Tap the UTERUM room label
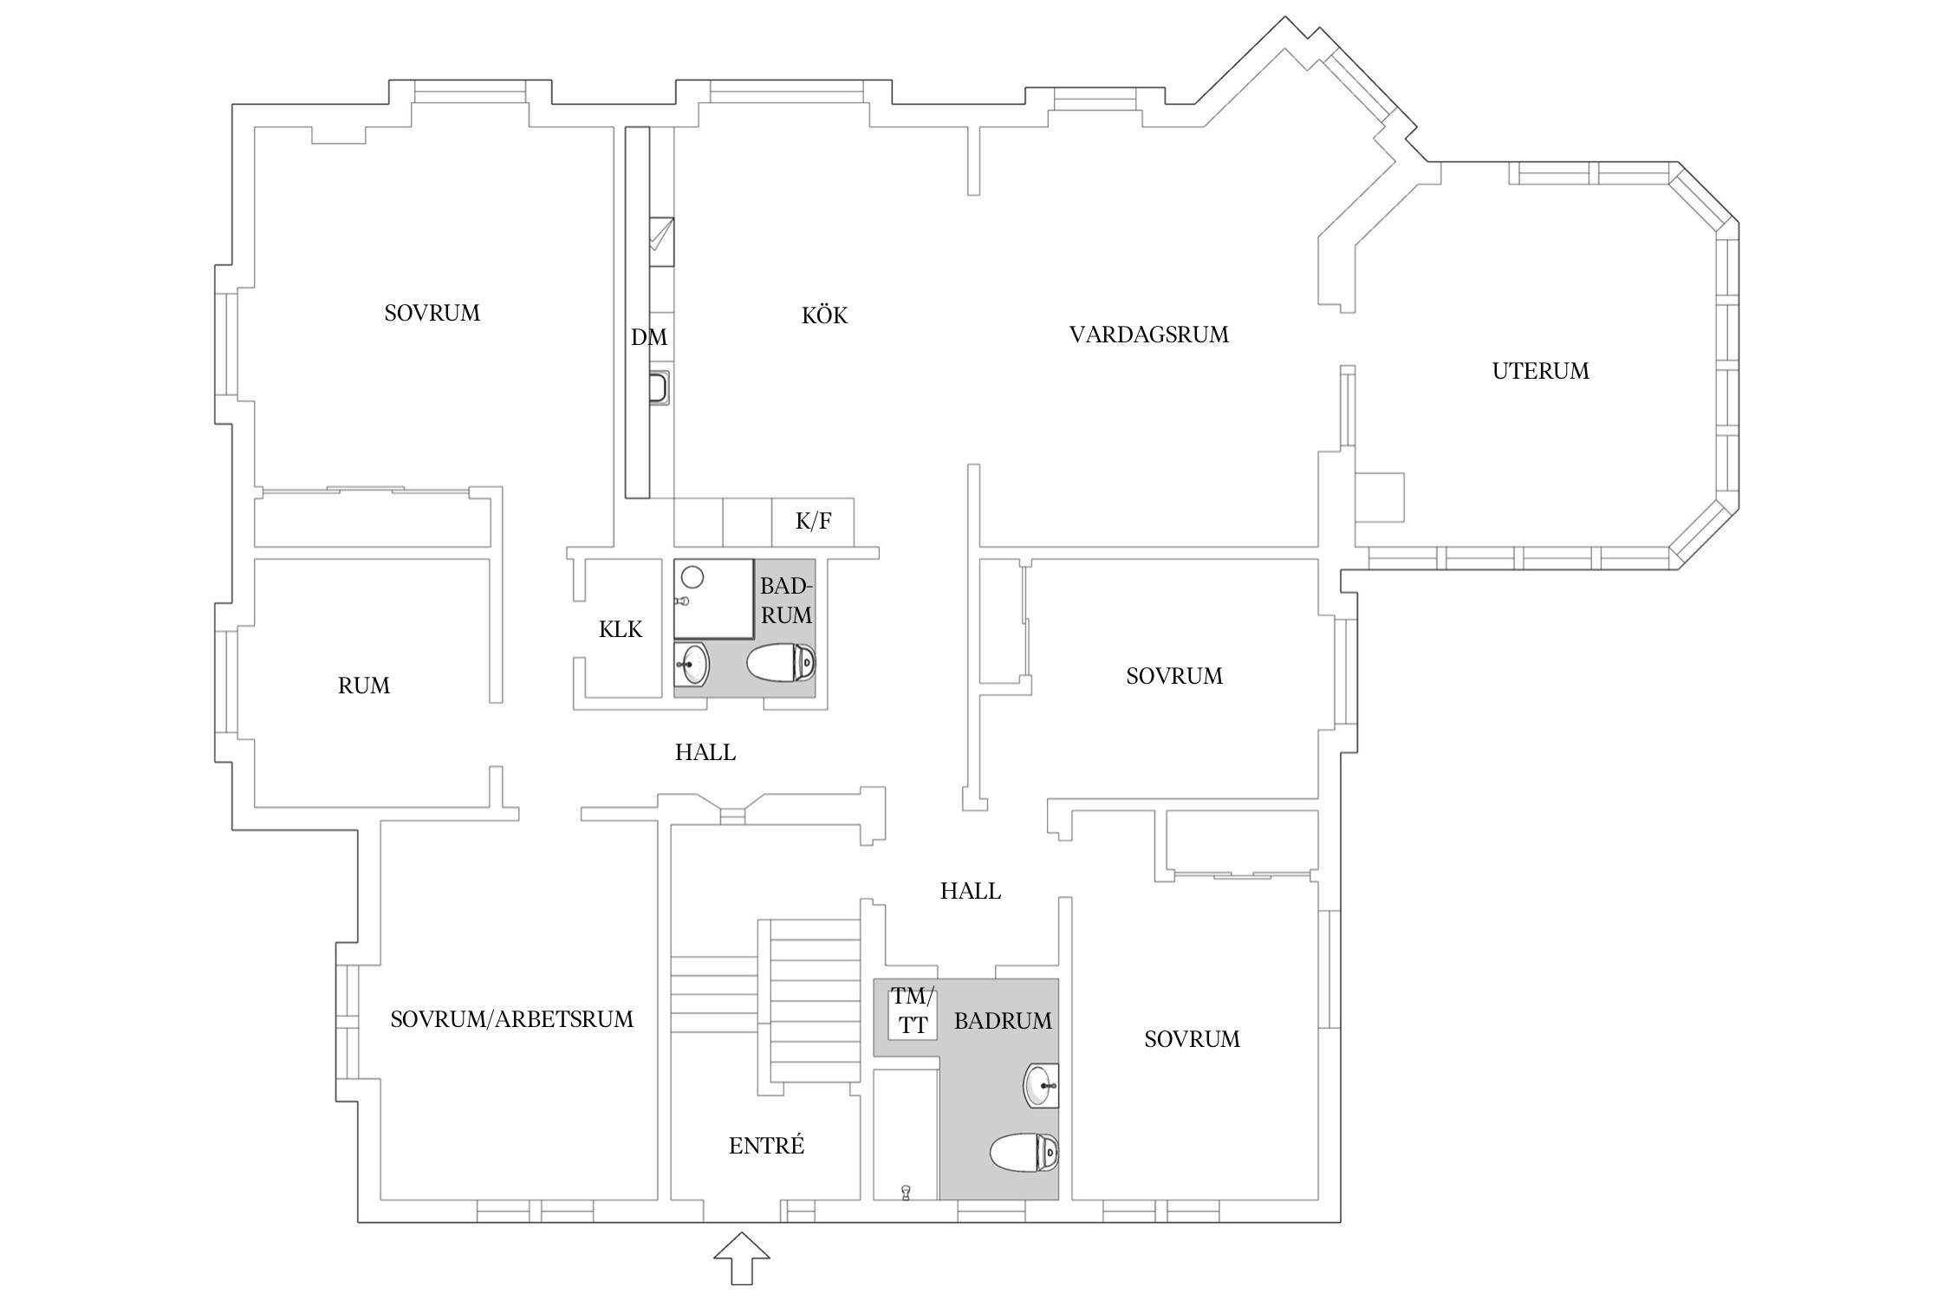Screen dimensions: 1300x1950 point(1540,371)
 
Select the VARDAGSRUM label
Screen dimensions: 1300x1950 point(1148,335)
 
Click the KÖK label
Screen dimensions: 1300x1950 point(824,315)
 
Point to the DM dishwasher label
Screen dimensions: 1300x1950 point(648,337)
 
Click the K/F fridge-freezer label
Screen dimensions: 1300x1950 point(813,521)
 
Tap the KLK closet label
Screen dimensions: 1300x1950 point(621,629)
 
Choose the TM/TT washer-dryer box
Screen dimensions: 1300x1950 point(913,1011)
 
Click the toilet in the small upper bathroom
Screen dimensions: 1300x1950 point(782,664)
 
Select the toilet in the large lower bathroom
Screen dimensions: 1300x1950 point(1024,1154)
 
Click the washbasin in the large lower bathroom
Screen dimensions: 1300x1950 point(1040,1085)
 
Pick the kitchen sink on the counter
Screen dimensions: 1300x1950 point(660,388)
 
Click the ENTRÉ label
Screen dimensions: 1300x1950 point(766,1146)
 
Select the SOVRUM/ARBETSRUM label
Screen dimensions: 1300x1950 point(511,1019)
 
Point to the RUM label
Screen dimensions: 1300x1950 point(363,686)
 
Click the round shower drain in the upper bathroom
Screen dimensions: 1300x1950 point(692,576)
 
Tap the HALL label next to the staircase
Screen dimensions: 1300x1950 point(970,891)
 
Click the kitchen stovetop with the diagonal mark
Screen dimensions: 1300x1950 point(661,235)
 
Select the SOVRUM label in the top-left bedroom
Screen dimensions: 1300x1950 point(432,313)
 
